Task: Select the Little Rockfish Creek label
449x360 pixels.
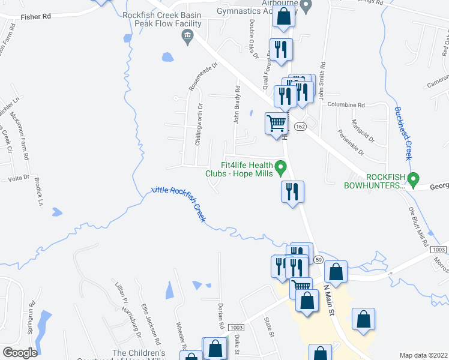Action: pos(179,203)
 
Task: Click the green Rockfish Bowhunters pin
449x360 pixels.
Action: pos(413,179)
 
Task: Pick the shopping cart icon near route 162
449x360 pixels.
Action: pos(276,124)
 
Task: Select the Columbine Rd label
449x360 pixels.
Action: pos(346,104)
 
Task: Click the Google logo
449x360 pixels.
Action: pos(19,353)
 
